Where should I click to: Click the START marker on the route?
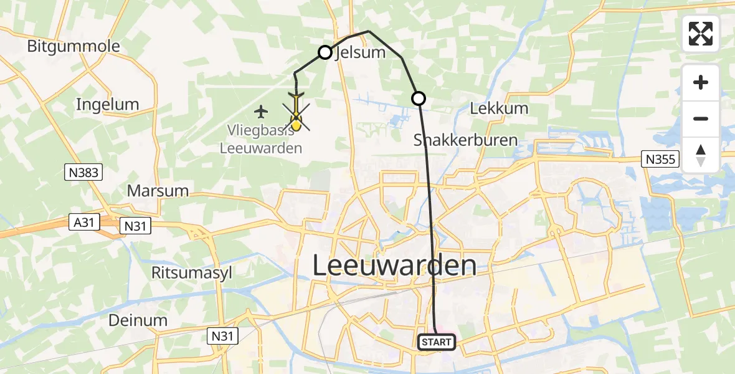tap(436, 342)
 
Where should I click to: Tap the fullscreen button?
tap(701, 34)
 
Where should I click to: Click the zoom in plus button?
tap(701, 83)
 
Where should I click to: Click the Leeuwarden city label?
tap(394, 266)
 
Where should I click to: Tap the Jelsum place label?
tap(361, 53)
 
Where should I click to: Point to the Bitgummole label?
tap(73, 46)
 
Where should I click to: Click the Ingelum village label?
tap(107, 104)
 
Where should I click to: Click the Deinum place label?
tap(138, 320)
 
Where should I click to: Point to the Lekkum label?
tap(499, 108)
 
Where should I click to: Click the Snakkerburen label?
tap(466, 140)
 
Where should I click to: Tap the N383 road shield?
tap(83, 172)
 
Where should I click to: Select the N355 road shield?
tap(660, 160)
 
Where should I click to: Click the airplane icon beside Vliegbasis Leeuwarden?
tap(261, 112)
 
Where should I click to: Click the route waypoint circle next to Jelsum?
tap(325, 52)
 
